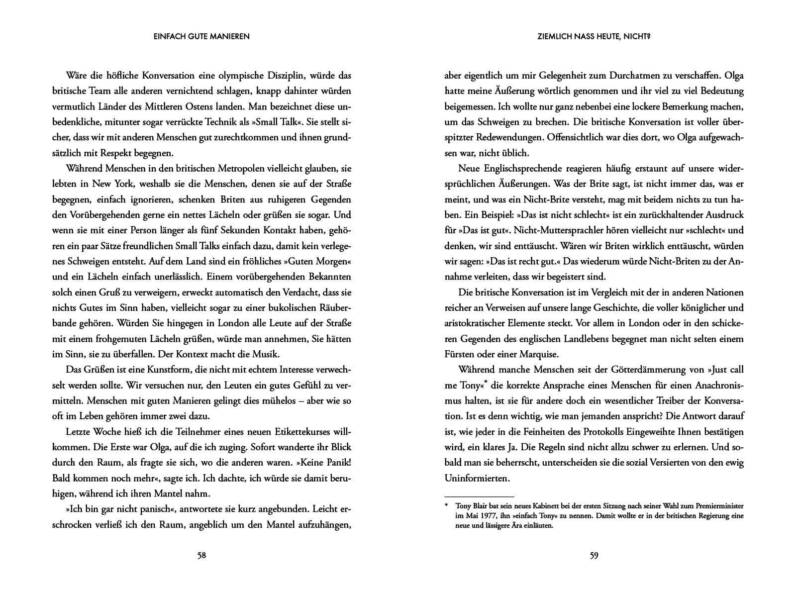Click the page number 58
point(201,556)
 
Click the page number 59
point(594,556)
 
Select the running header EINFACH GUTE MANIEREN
point(201,36)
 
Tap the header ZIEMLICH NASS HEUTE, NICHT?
point(594,36)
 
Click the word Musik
point(267,354)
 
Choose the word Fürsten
point(461,354)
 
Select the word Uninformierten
point(477,478)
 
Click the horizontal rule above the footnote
point(479,496)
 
